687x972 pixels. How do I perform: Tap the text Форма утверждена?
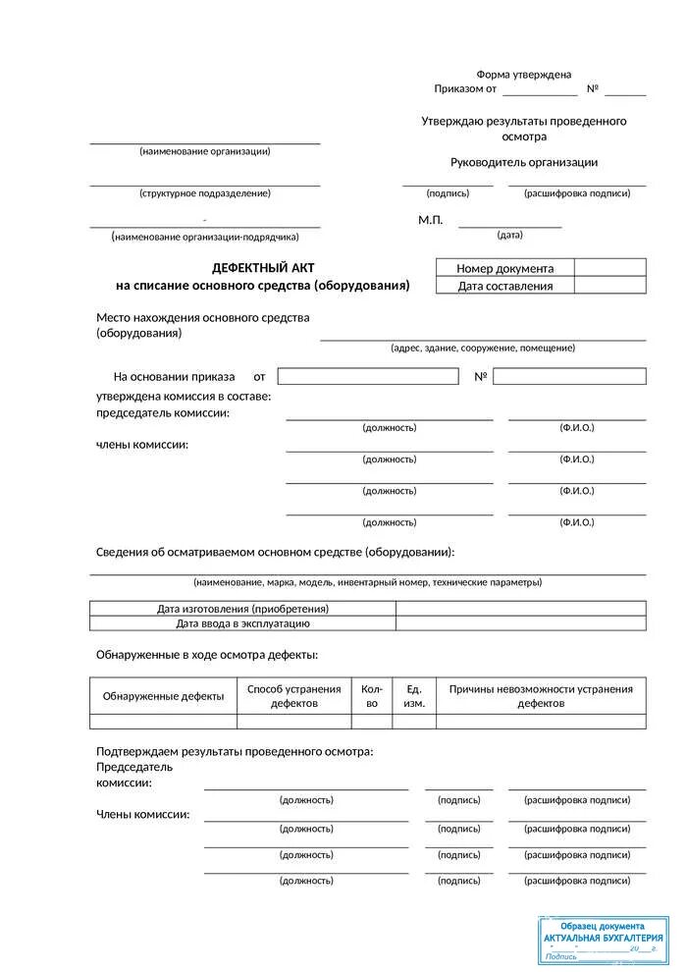point(524,75)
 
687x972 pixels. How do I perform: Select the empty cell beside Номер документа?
point(609,268)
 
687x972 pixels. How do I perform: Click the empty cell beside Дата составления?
point(609,286)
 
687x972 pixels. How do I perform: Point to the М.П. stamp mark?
point(431,220)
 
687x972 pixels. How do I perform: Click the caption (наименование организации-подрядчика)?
point(205,237)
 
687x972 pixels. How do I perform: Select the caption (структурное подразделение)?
point(205,193)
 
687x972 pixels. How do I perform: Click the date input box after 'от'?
point(368,376)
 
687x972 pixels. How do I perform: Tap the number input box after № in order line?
point(569,376)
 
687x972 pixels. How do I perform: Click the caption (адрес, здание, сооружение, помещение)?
point(483,348)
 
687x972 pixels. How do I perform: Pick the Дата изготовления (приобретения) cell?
point(242,609)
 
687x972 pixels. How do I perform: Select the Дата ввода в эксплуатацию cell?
point(242,623)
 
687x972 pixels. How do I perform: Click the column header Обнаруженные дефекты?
point(164,696)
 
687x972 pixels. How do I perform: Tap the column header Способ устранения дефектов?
point(294,696)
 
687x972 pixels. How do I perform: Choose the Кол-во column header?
point(371,696)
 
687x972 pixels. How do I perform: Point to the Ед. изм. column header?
point(414,696)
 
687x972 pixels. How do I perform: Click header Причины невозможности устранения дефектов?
point(541,696)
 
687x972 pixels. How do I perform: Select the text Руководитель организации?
point(524,163)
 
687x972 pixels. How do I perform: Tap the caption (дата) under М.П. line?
point(510,235)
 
